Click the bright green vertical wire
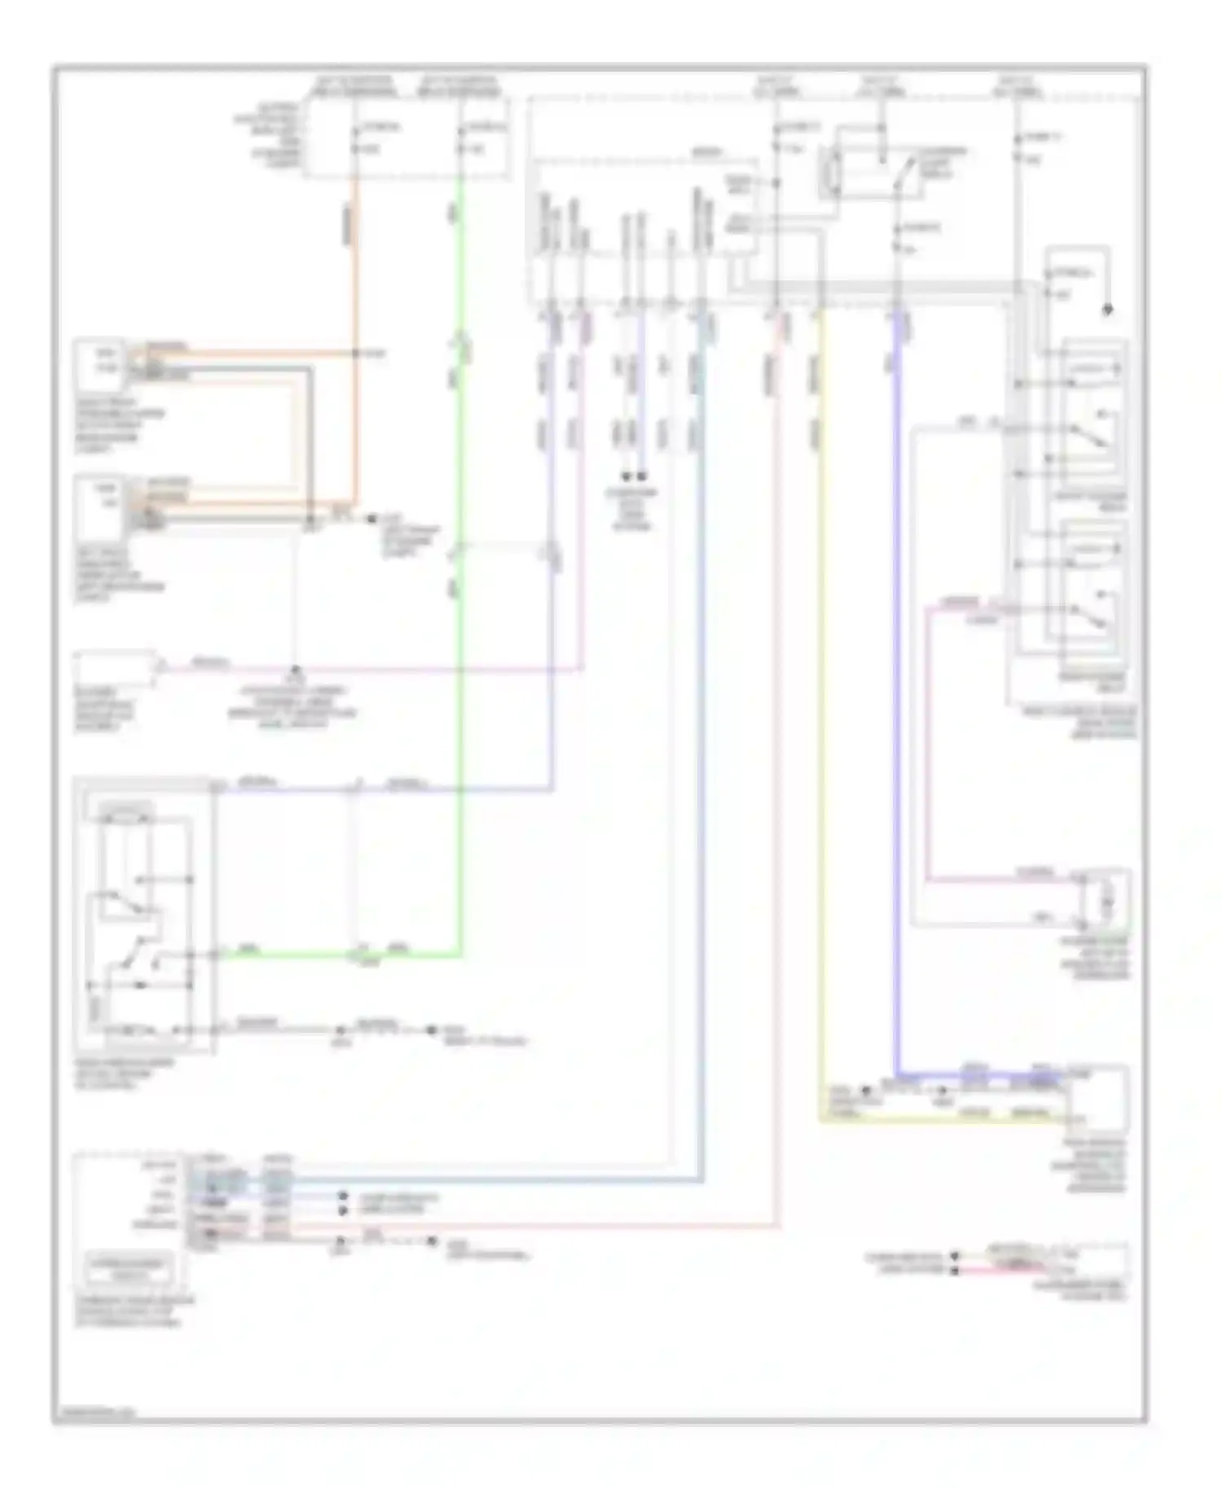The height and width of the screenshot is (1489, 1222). [460, 652]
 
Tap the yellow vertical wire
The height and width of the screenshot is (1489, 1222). [820, 733]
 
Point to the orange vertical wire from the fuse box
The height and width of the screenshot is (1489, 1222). [355, 269]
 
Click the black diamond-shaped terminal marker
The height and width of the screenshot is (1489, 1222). [1106, 310]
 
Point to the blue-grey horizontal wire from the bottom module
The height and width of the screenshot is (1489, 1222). [489, 1179]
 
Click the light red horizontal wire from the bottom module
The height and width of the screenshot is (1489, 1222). [530, 1224]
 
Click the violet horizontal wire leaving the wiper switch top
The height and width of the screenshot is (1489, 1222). [285, 789]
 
